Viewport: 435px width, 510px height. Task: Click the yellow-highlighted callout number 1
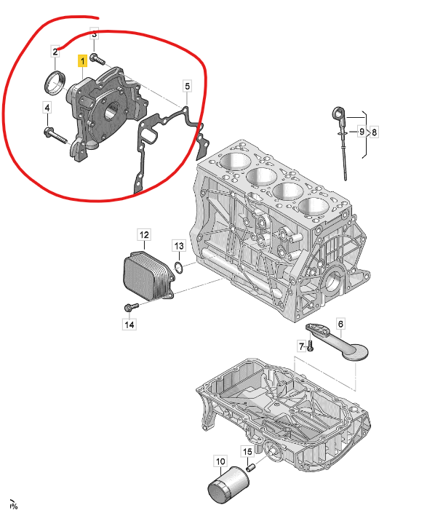(x=83, y=61)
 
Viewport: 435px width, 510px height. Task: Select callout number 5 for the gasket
(x=187, y=86)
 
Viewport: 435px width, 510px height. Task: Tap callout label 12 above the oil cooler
(x=144, y=235)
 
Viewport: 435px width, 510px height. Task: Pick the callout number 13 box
(x=179, y=246)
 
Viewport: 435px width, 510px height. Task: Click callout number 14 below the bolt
(x=129, y=324)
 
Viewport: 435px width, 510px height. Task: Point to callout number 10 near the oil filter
(x=220, y=461)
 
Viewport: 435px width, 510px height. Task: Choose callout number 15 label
(x=248, y=452)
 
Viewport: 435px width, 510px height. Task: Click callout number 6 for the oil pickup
(x=340, y=324)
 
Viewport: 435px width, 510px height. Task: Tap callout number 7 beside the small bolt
(x=302, y=346)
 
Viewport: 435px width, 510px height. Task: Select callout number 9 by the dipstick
(x=362, y=132)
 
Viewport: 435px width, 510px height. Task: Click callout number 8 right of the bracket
(x=374, y=132)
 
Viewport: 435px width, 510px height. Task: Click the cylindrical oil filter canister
(x=228, y=485)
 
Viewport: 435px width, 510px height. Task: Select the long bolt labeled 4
(x=55, y=136)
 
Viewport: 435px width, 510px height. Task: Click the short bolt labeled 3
(x=97, y=59)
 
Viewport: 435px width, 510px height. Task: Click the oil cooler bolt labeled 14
(x=132, y=306)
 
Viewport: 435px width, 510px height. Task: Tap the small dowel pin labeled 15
(x=251, y=468)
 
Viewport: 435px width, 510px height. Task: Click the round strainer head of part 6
(x=355, y=352)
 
